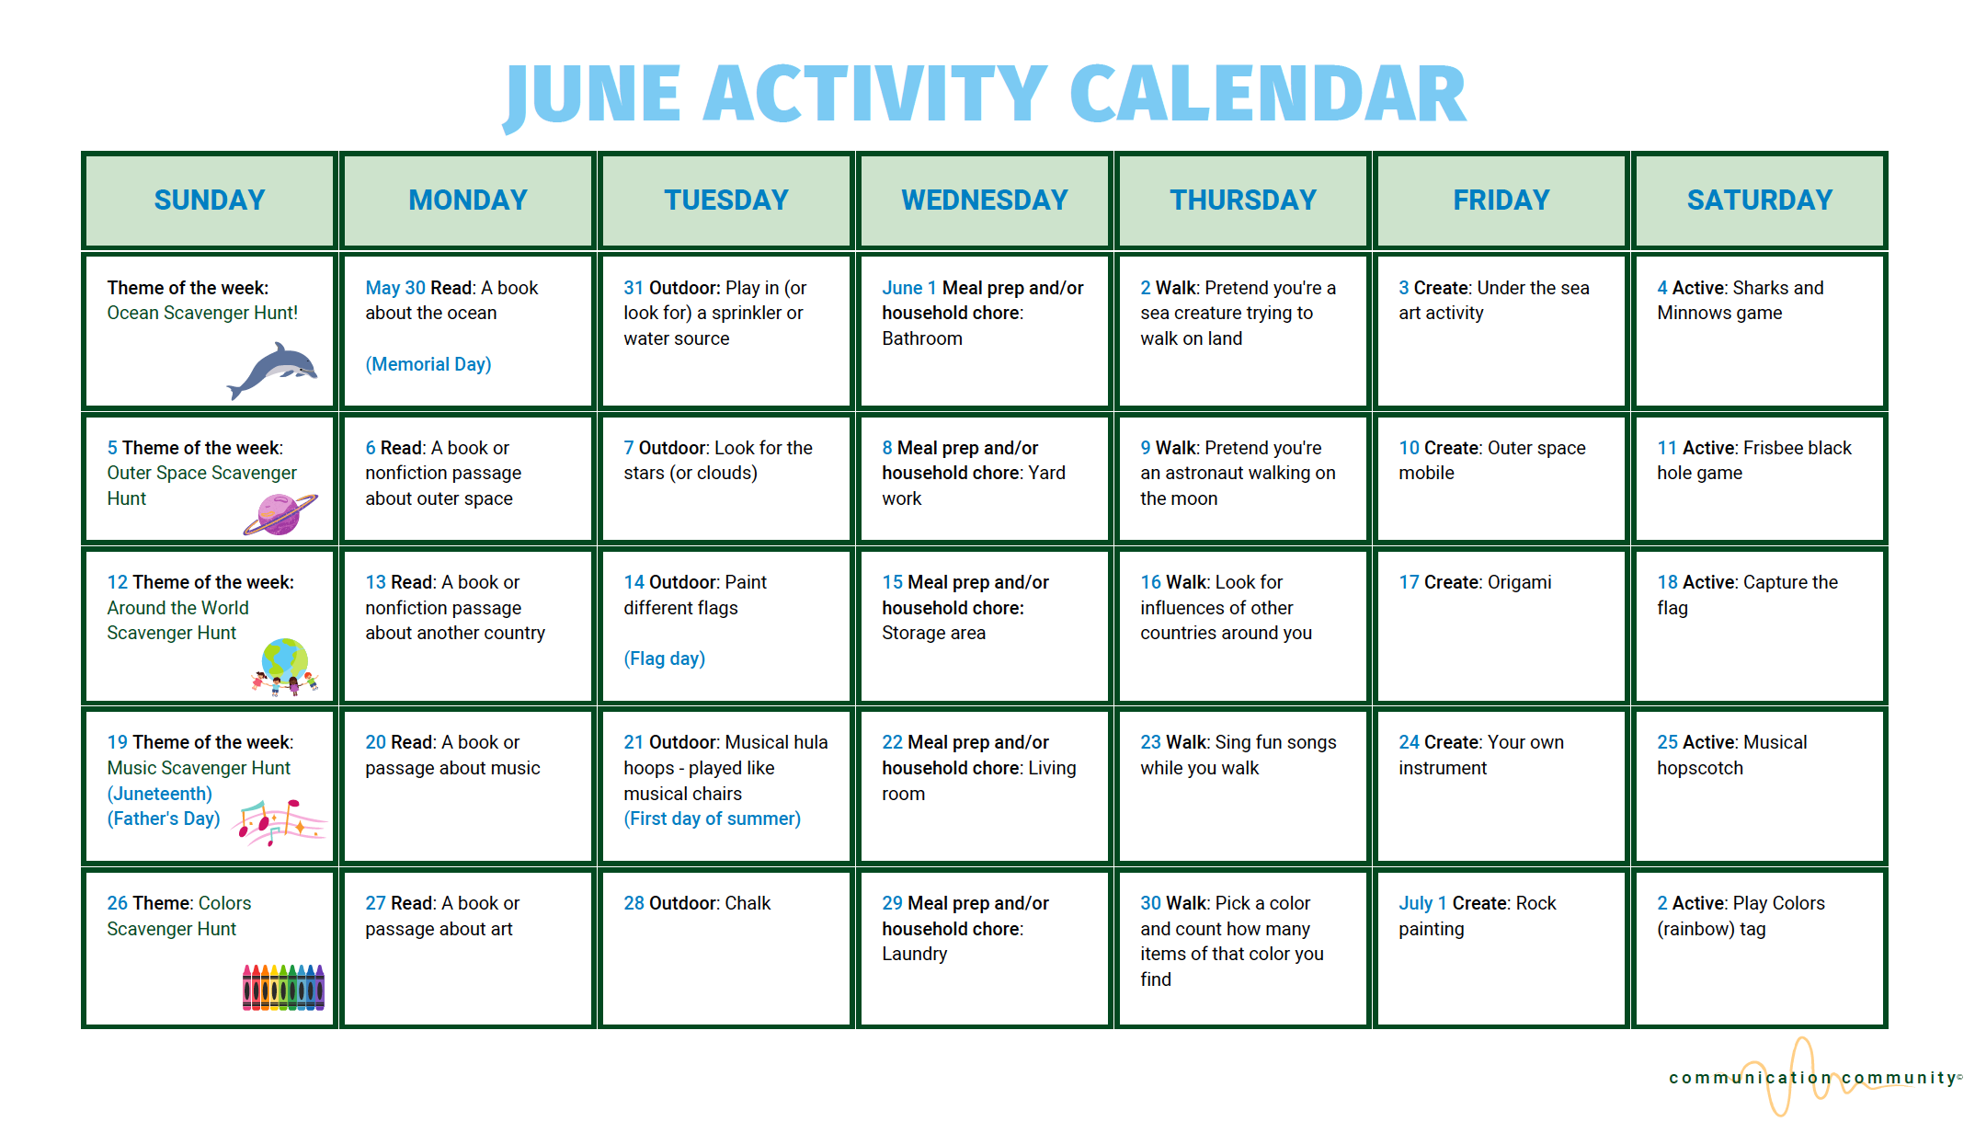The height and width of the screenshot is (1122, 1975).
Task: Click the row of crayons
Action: tap(283, 988)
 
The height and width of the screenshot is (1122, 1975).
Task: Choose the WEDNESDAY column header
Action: tap(984, 200)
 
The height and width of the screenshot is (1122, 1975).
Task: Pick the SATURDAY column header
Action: tap(1759, 200)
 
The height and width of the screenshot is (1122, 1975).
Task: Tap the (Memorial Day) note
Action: tap(428, 364)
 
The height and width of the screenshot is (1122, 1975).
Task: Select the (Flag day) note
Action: tap(664, 658)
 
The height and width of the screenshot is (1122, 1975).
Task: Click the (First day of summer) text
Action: tap(712, 819)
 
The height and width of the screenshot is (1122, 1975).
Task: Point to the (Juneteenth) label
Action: tap(159, 794)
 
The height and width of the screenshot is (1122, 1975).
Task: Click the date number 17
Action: tap(1409, 582)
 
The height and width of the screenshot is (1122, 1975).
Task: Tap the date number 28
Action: tap(634, 903)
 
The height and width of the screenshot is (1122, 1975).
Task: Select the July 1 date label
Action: tap(1422, 903)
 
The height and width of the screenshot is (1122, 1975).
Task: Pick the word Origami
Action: tap(1519, 582)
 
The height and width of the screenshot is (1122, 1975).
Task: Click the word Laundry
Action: tap(914, 954)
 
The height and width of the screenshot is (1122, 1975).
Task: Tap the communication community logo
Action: tap(1811, 1077)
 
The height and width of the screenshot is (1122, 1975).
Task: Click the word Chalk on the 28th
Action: tap(748, 903)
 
